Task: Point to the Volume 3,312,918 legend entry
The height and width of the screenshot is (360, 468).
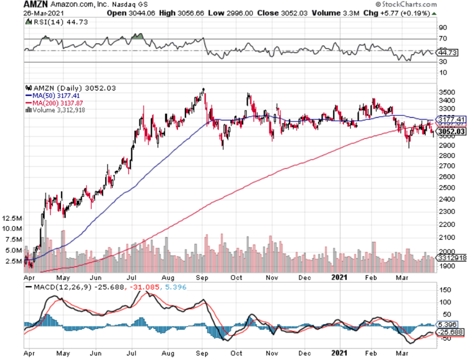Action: pos(57,109)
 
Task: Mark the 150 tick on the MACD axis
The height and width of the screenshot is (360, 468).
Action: pos(443,289)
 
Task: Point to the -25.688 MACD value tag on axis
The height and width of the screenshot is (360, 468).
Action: pos(450,332)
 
